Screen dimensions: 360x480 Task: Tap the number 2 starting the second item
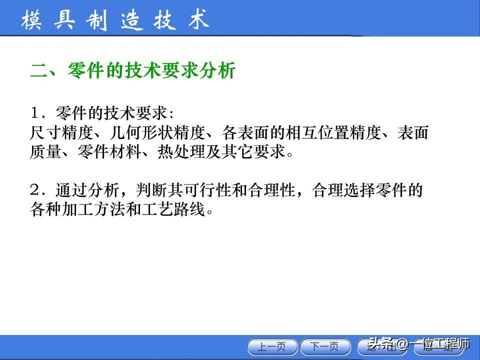coord(34,190)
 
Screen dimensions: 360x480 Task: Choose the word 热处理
coord(183,151)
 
